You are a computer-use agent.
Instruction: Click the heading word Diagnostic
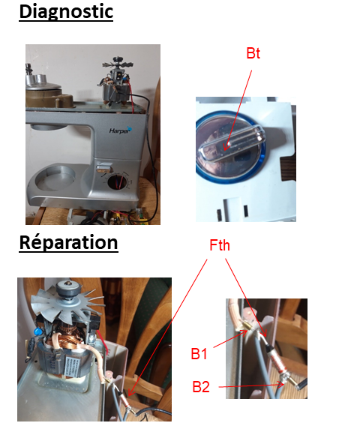[66, 12]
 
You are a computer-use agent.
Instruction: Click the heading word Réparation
[68, 242]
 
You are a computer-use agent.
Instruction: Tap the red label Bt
[253, 53]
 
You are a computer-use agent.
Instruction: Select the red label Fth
[220, 245]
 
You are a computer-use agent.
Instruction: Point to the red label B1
[199, 354]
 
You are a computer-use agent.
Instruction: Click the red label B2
[201, 387]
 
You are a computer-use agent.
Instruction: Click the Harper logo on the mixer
[121, 130]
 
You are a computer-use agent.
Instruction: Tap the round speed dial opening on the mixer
[117, 182]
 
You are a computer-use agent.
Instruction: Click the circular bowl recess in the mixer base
[55, 178]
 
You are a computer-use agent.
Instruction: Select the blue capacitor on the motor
[37, 331]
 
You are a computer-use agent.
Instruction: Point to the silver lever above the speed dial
[103, 168]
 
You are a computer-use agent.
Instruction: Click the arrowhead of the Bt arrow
[226, 147]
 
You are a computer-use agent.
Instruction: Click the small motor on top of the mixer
[117, 82]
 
